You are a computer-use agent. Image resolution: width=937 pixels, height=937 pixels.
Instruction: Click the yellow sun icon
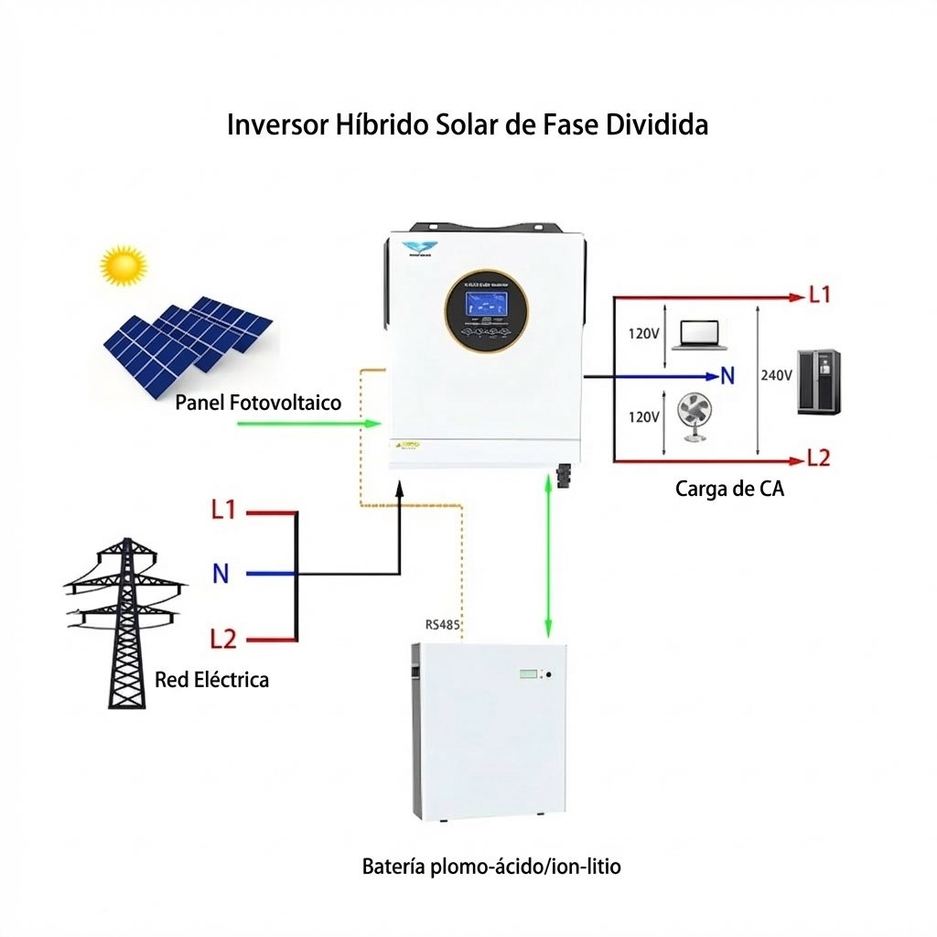[124, 265]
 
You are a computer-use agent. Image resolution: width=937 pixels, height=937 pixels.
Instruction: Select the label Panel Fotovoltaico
[258, 403]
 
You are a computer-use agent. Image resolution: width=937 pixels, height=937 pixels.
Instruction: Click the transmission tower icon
[125, 622]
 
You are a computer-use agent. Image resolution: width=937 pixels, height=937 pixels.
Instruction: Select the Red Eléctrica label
[211, 680]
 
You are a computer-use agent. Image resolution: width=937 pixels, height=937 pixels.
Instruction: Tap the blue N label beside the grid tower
[221, 574]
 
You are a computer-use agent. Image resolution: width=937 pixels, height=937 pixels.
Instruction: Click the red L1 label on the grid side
[223, 510]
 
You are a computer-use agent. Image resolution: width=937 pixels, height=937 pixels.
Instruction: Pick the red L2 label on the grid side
[223, 638]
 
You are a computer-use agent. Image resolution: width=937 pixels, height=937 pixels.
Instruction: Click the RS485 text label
[443, 626]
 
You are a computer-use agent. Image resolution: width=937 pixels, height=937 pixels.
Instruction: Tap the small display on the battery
[530, 674]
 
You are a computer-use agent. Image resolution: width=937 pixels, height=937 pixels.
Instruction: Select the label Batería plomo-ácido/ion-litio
[491, 866]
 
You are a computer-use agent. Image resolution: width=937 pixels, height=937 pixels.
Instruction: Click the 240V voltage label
[777, 375]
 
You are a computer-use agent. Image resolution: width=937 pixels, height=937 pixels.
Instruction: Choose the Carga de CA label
[729, 489]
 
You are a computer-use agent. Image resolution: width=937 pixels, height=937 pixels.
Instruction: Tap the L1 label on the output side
[819, 296]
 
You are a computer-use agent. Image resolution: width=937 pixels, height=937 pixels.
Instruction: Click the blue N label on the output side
[728, 375]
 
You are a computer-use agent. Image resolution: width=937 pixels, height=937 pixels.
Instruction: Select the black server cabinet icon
[819, 382]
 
